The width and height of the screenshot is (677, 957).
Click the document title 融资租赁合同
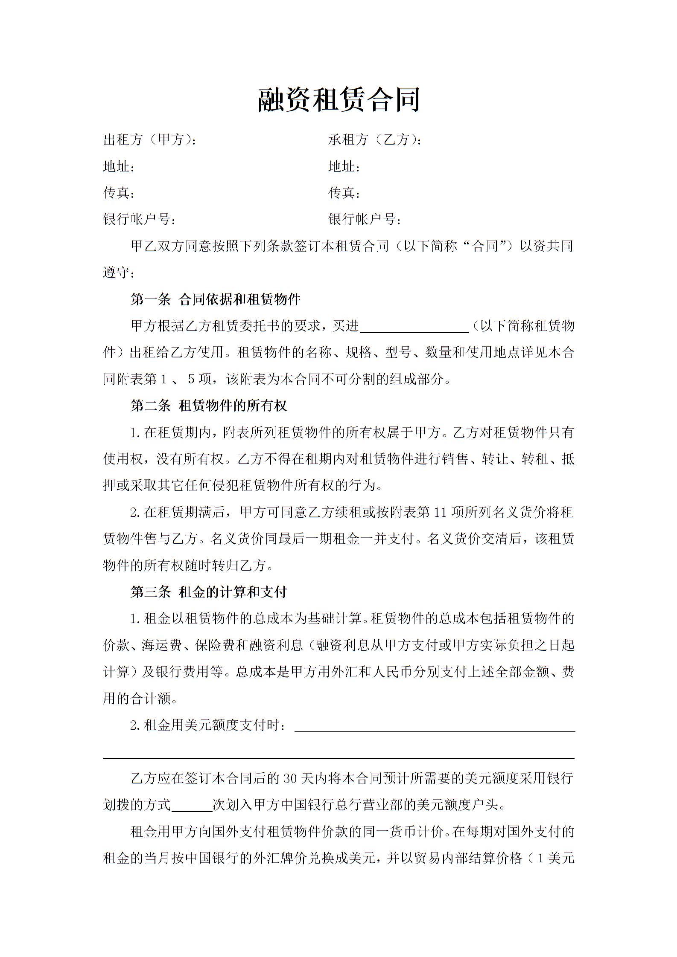click(x=339, y=100)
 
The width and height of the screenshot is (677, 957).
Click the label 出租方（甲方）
click(x=149, y=139)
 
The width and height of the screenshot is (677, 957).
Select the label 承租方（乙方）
click(x=374, y=139)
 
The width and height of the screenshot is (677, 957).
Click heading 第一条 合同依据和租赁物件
click(x=216, y=299)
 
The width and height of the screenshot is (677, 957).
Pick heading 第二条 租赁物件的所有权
click(x=209, y=406)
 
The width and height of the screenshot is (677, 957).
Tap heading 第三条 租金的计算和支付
click(x=209, y=592)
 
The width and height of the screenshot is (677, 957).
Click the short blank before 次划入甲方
click(x=192, y=806)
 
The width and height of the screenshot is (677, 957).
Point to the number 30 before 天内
click(x=290, y=779)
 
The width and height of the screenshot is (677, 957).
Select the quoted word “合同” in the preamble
click(x=485, y=246)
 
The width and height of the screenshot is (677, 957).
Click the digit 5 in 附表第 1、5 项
click(x=191, y=379)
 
